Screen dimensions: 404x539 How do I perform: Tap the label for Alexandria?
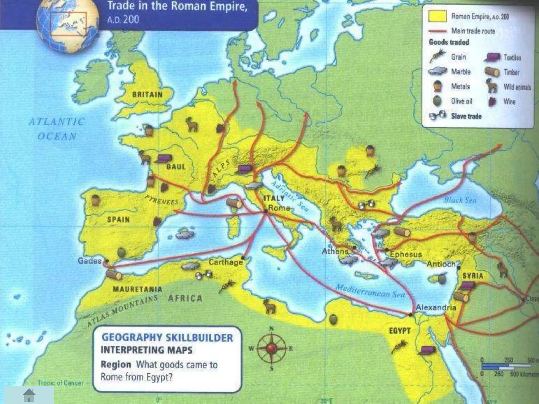pos(436,307)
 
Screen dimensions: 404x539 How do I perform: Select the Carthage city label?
pos(226,262)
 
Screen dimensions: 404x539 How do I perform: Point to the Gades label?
pos(89,261)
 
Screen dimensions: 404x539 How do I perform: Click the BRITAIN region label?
pos(147,95)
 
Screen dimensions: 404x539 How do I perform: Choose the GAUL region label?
pos(176,167)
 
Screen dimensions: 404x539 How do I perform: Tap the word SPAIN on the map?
pos(118,219)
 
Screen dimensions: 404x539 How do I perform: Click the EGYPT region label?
pos(400,331)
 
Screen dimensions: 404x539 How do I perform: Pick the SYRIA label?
pos(473,276)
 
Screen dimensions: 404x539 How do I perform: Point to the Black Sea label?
pos(460,200)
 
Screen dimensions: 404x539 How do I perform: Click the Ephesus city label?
pos(406,254)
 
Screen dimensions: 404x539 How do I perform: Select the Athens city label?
pos(335,251)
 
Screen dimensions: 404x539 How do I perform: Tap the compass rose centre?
pos(271,349)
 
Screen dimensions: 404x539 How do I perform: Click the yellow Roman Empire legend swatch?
pos(437,16)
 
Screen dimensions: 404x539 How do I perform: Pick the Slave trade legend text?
pos(466,116)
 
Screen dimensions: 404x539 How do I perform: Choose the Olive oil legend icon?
pos(437,101)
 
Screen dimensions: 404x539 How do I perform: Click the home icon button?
pos(29,395)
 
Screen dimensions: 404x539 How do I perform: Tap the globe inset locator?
pos(68,25)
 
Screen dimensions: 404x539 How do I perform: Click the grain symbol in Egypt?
pos(399,346)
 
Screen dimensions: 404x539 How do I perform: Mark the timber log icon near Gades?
pos(114,275)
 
